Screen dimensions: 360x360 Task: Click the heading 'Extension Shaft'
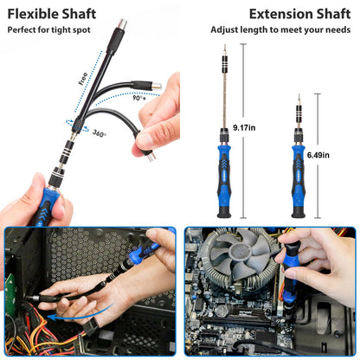(299, 13)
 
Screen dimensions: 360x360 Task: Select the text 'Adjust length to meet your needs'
(280, 30)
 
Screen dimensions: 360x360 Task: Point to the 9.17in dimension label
(246, 128)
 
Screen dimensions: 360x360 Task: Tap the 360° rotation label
(99, 135)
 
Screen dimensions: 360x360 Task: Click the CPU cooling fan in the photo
(243, 251)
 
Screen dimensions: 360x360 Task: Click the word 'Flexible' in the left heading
(33, 13)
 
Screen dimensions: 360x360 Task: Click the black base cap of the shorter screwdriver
(297, 211)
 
